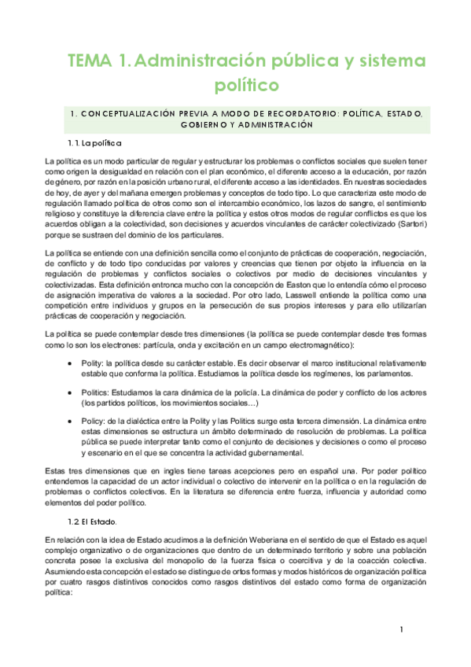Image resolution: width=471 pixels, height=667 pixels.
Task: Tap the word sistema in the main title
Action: tap(379, 60)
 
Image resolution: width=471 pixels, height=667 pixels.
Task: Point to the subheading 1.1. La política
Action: tap(92, 144)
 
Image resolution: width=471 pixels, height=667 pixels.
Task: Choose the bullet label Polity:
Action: tap(105, 363)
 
